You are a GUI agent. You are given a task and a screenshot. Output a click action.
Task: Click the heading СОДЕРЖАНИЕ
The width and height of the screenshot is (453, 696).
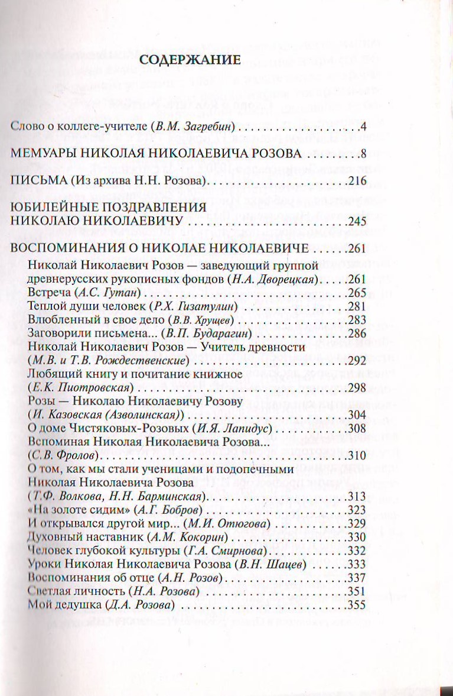(189, 60)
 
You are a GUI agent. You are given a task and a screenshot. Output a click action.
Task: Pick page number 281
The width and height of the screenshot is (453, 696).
(357, 307)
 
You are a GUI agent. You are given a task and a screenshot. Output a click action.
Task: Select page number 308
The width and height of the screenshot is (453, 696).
(357, 429)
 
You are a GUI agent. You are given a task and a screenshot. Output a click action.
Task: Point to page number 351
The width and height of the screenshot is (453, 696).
(357, 593)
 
